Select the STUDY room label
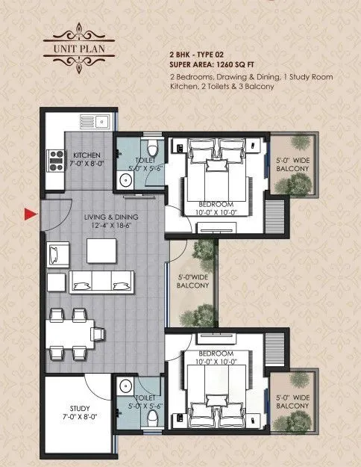click(x=80, y=409)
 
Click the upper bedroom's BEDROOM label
click(x=216, y=204)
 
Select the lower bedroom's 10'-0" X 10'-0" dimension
click(x=216, y=362)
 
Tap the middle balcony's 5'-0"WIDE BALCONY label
click(x=193, y=284)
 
